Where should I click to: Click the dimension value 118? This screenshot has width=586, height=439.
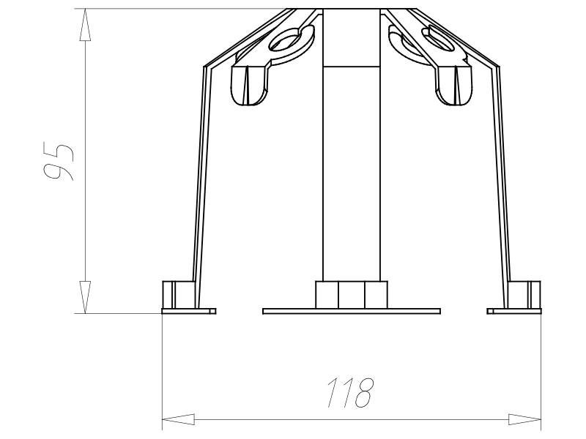[x=350, y=394]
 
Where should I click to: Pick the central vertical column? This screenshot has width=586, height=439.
[x=352, y=168]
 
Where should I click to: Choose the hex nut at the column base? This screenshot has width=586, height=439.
[x=352, y=295]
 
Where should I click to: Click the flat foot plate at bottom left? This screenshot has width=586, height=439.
[x=189, y=311]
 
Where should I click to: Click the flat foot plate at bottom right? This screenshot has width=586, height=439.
[x=514, y=311]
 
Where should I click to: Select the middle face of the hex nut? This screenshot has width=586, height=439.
[x=352, y=295]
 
